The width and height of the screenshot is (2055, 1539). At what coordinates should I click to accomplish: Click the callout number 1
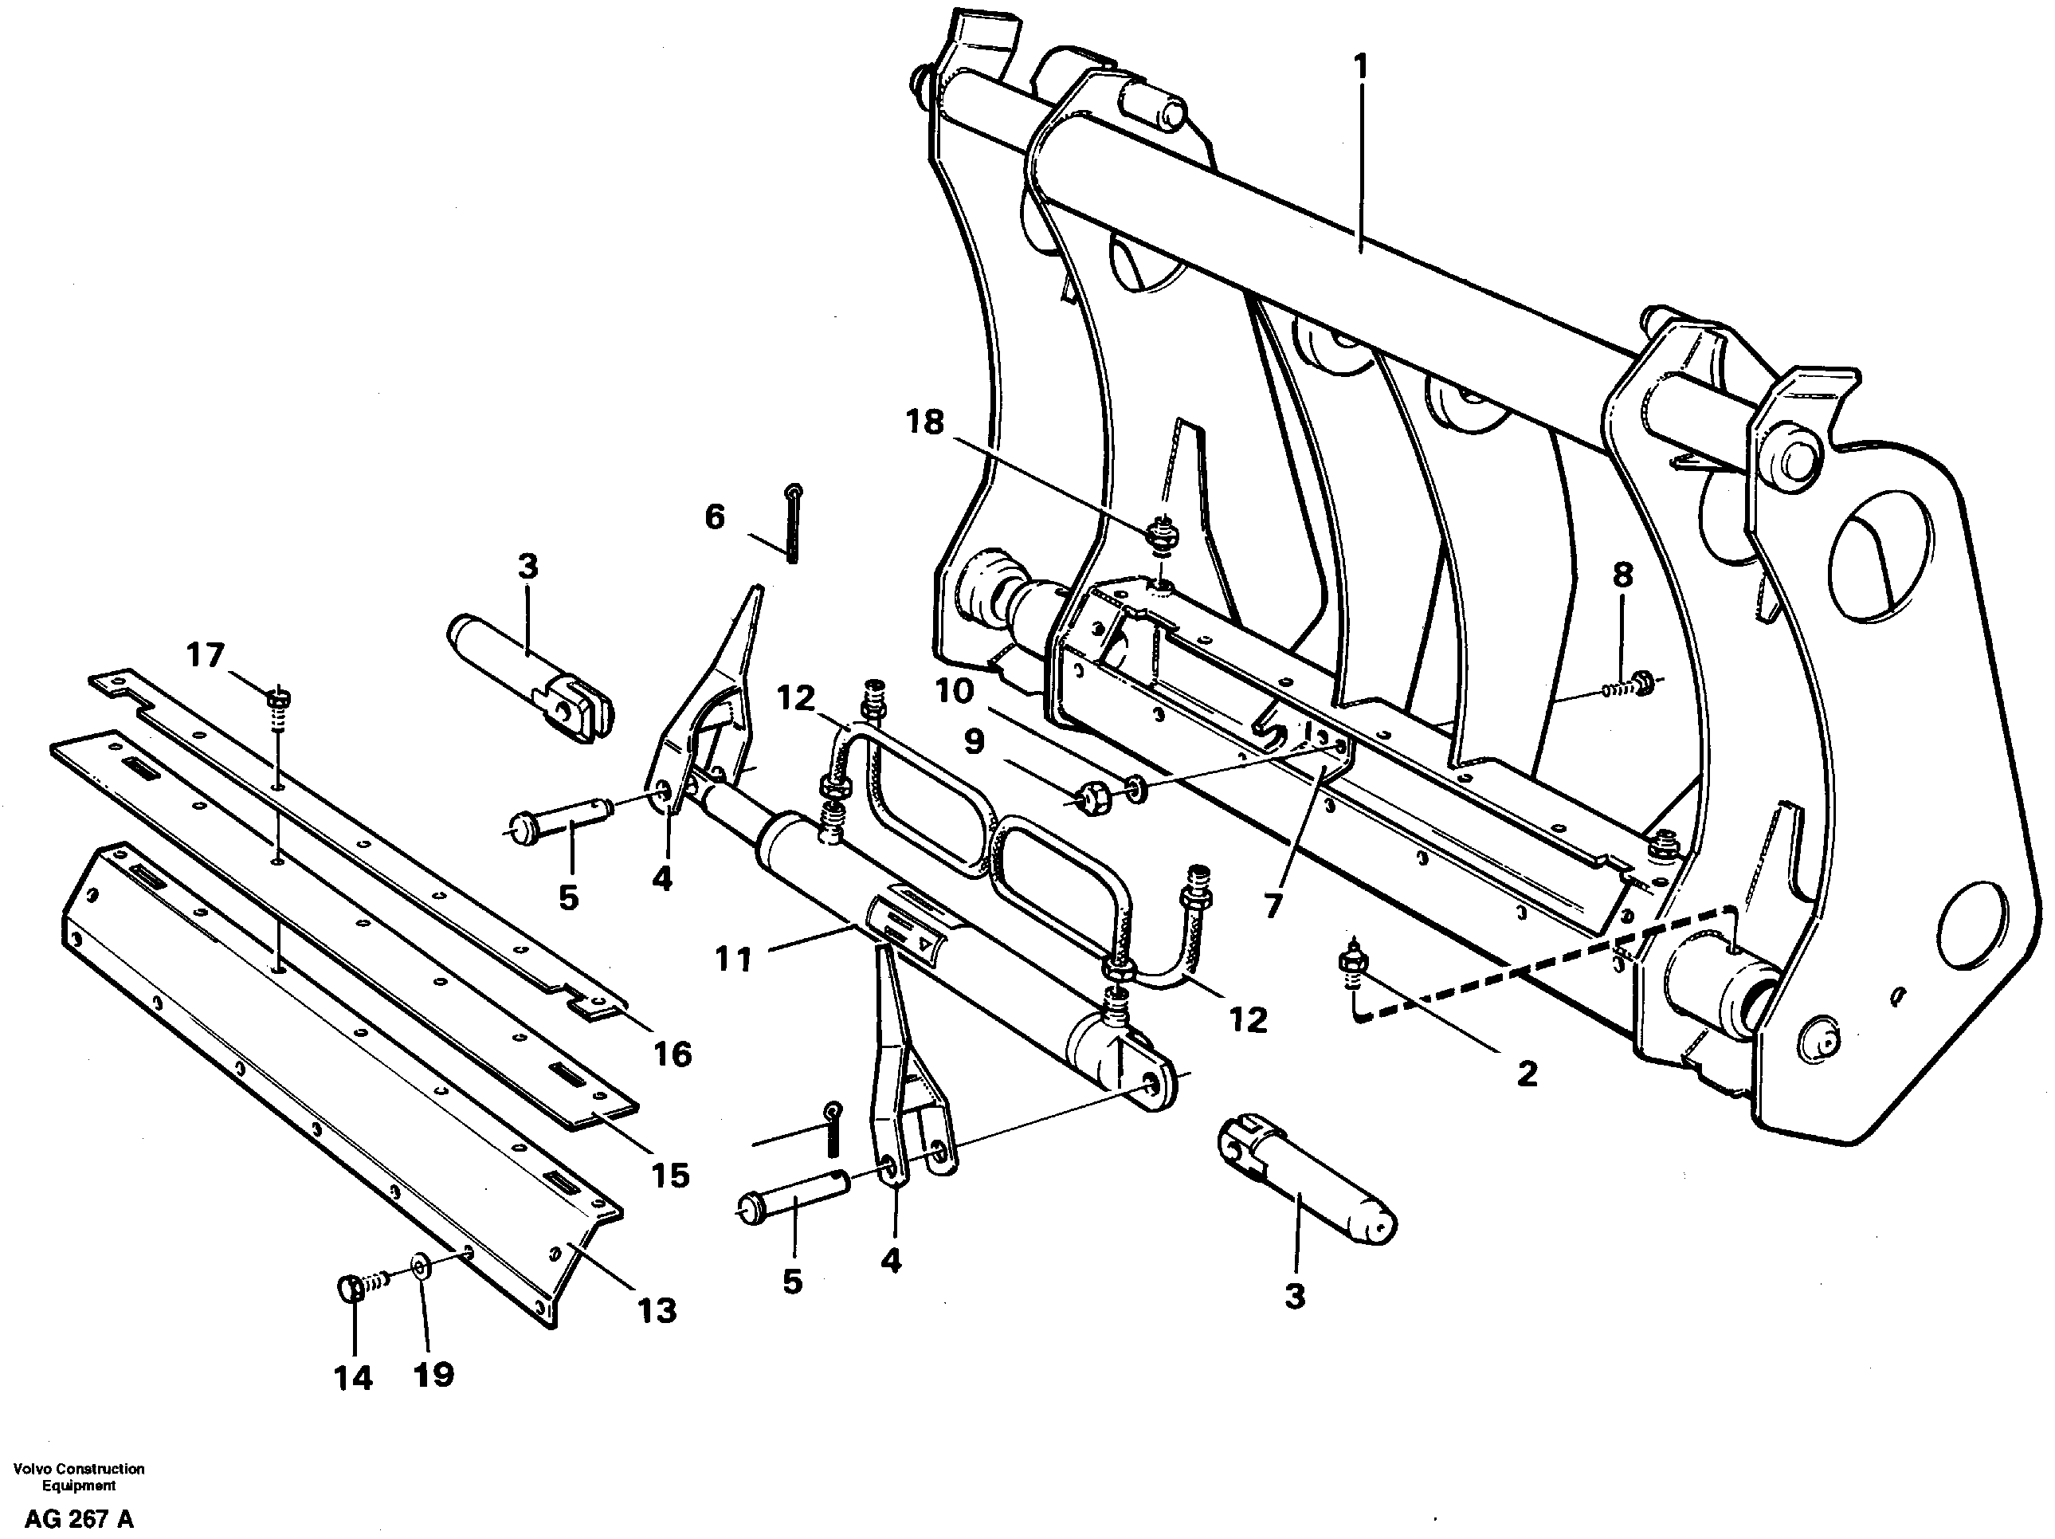1361,69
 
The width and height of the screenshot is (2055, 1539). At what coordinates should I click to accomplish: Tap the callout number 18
924,423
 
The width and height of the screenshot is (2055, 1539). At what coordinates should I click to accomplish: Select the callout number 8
1622,575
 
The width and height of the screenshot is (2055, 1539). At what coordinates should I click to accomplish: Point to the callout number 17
206,655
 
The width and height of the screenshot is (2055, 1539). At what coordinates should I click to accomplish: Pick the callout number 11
733,958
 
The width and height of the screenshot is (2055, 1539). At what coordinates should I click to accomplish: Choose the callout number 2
1527,1074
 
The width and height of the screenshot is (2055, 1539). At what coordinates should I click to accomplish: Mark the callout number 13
657,1310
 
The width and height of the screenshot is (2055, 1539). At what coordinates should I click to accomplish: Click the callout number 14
353,1377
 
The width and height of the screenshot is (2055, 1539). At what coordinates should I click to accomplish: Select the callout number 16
673,1054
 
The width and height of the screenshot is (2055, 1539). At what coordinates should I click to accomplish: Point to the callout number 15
670,1176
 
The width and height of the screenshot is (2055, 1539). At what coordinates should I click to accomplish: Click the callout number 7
1273,905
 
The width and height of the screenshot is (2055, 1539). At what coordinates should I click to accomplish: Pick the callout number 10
954,692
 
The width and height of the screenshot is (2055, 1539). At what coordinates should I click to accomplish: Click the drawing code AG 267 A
79,1521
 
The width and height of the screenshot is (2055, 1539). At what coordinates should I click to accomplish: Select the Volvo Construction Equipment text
79,1478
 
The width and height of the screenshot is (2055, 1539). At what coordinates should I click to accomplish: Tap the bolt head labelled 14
349,1289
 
